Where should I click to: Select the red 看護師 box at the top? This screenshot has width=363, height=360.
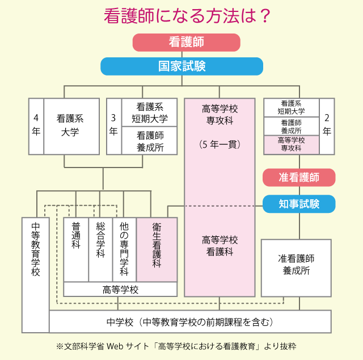coord(186,43)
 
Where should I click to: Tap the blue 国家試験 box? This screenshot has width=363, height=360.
coord(181,66)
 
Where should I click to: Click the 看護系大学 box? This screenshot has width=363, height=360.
coord(70,125)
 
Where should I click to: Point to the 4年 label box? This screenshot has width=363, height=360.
coord(36,125)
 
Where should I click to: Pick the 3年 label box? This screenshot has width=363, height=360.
coord(113,125)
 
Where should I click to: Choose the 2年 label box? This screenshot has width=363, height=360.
coord(327,125)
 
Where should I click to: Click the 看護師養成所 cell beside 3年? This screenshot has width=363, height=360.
coord(150,141)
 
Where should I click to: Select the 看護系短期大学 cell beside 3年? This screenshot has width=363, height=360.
coord(150,112)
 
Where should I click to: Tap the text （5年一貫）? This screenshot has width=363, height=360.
coord(220,144)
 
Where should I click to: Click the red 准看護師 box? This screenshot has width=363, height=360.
coord(299,177)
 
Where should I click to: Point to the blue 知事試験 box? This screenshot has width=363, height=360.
coord(299,203)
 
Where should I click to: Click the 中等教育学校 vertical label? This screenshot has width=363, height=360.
coord(35,250)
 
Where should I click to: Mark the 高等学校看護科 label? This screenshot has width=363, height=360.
coord(220,246)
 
